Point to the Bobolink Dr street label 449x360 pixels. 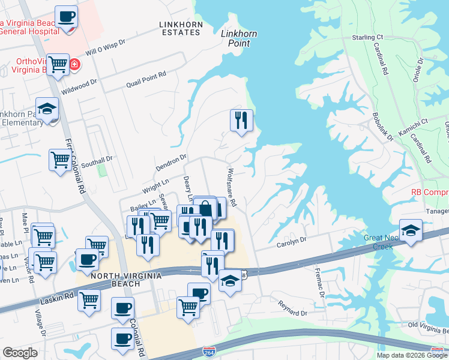381,124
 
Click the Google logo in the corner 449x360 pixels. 20,352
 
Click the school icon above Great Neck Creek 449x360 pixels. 411,231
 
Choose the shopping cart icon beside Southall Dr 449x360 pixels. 60,160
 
